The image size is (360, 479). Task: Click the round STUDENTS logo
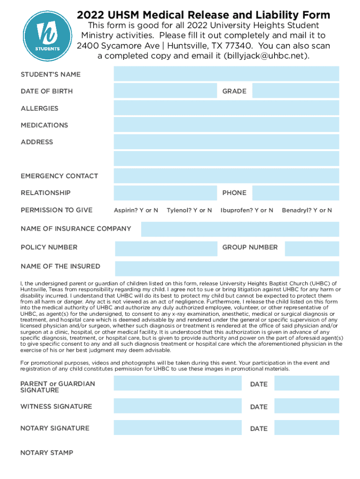point(47,35)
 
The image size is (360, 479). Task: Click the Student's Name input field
point(226,74)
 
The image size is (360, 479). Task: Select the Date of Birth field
point(165,91)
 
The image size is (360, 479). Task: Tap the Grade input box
point(295,91)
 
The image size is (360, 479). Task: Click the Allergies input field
point(226,108)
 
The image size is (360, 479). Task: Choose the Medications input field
point(226,125)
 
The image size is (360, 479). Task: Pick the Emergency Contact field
point(226,176)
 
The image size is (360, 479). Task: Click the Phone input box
point(295,193)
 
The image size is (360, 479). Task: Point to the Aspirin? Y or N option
point(136,210)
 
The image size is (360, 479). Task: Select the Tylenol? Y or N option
point(189,210)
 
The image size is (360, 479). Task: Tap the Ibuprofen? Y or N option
point(247,210)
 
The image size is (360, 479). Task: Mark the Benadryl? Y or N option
point(307,210)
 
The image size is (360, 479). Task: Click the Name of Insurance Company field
point(240,229)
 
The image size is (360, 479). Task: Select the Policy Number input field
point(166,248)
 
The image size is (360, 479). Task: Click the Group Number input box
point(312,248)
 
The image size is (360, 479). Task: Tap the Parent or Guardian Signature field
point(177,383)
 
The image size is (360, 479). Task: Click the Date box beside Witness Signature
point(306,406)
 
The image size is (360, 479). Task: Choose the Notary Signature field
point(177,428)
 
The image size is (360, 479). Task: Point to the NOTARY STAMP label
point(47,453)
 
